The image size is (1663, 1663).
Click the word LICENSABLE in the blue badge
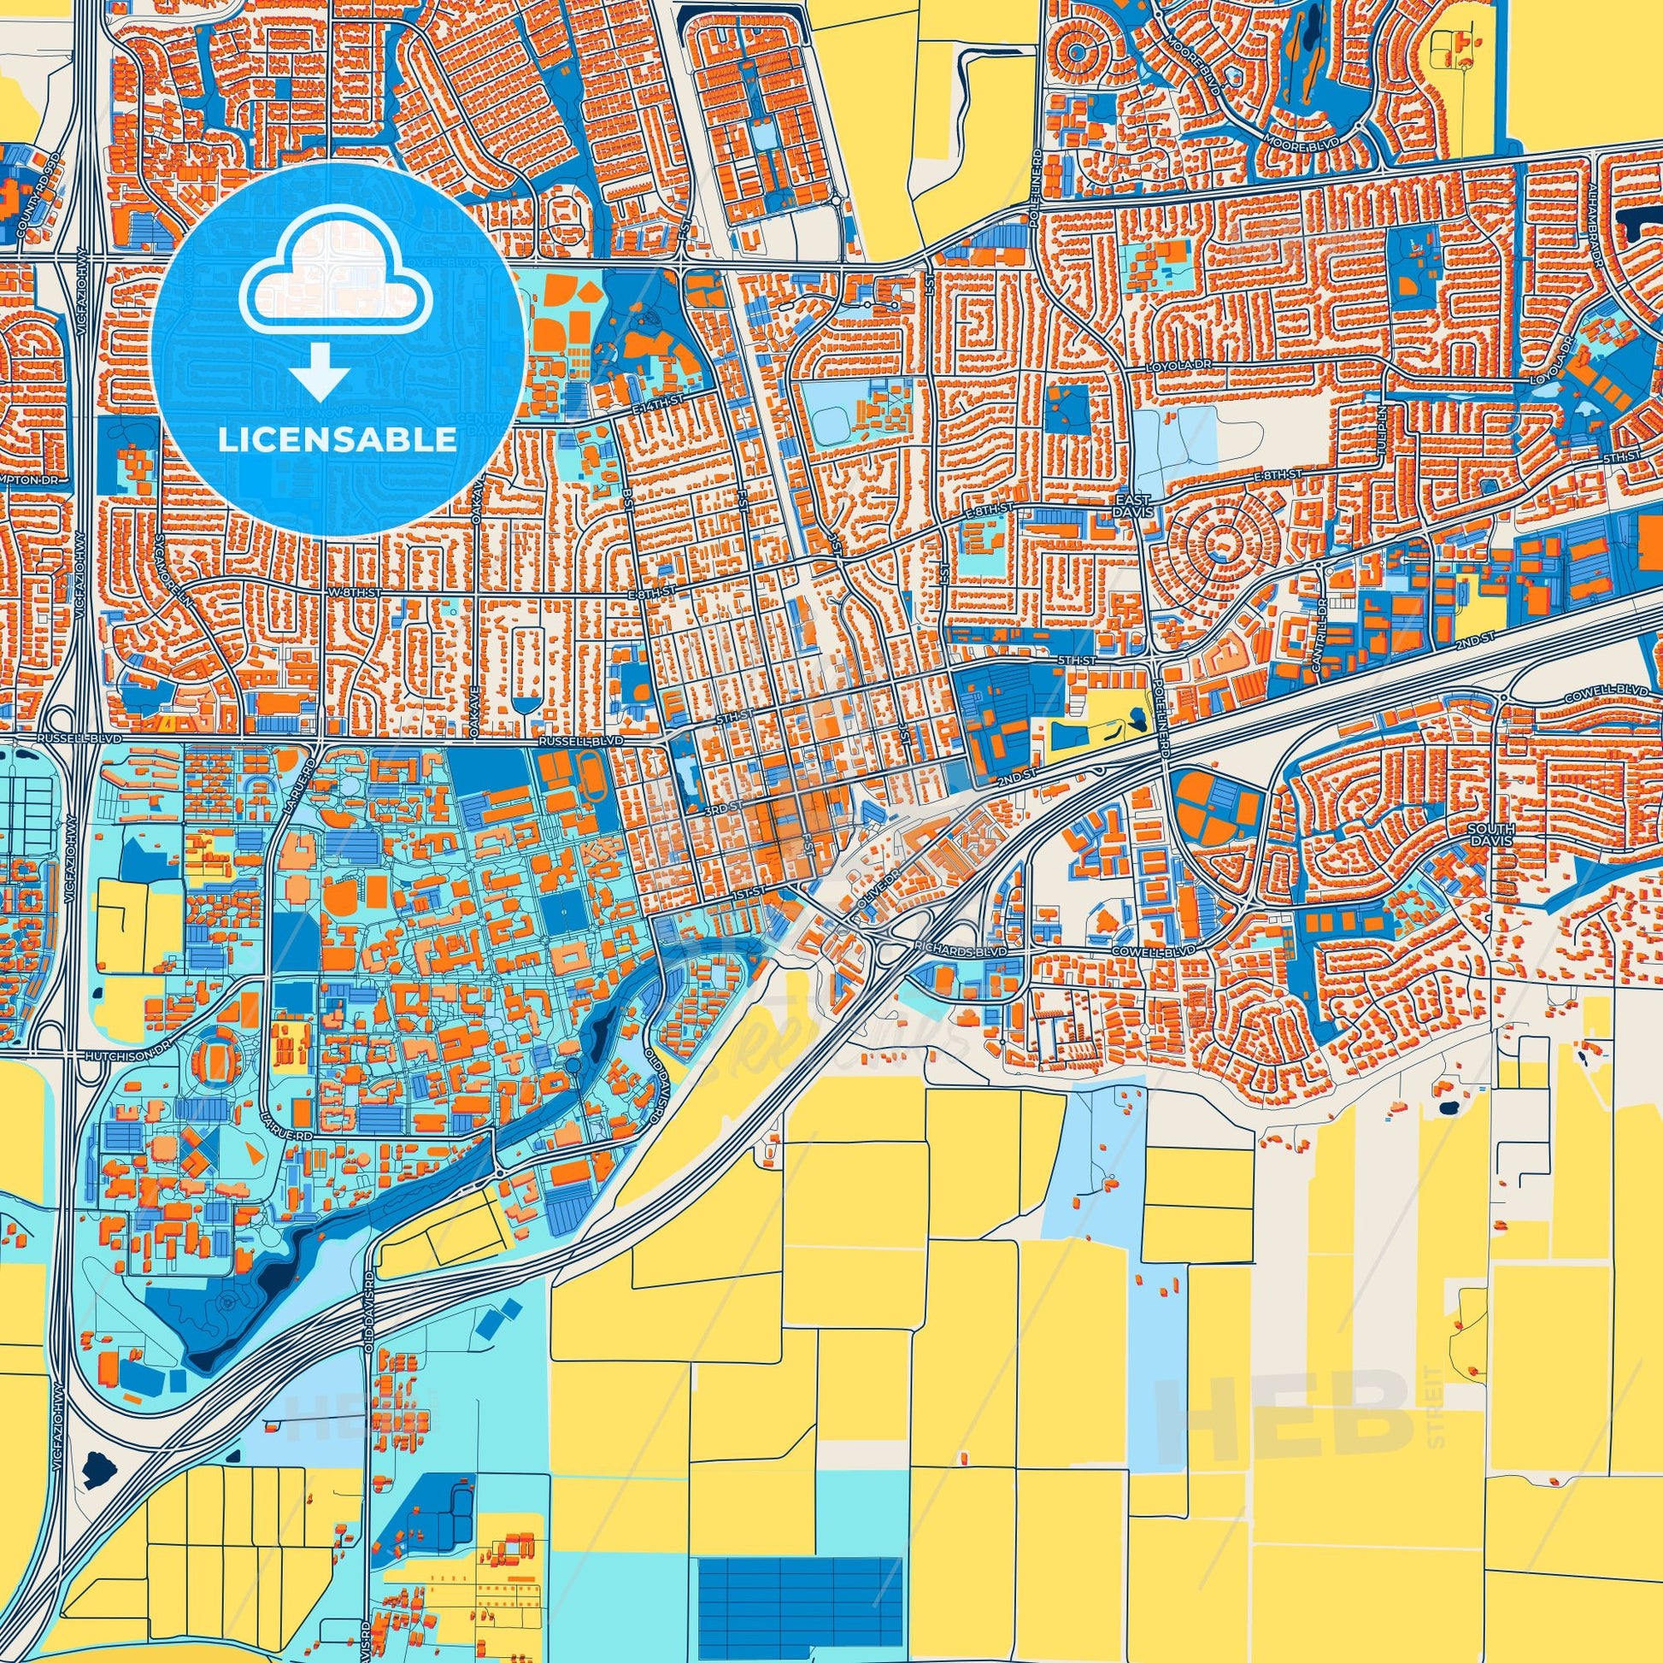pyautogui.click(x=337, y=440)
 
